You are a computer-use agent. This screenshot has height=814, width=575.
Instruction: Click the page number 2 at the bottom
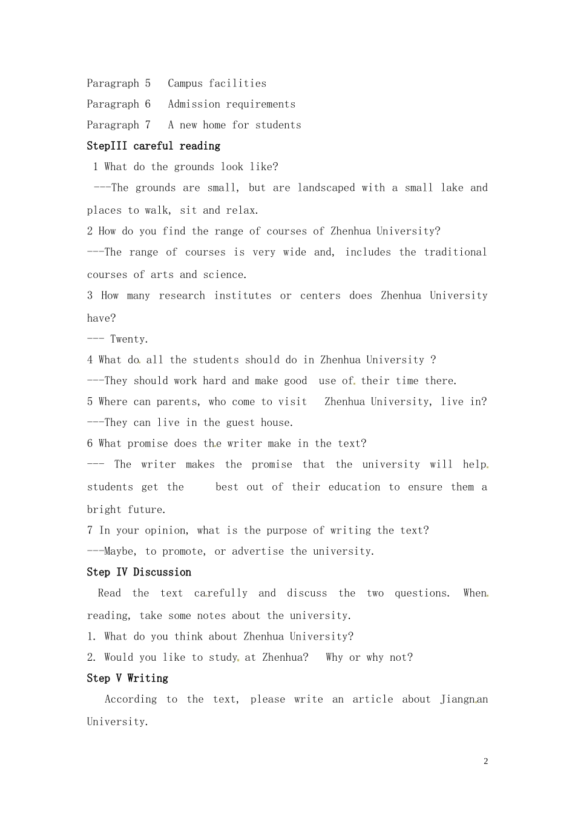pyautogui.click(x=485, y=761)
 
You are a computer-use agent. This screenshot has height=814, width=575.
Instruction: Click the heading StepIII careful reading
pyautogui.click(x=153, y=146)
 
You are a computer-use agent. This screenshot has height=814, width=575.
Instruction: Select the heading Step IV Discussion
pyautogui.click(x=139, y=572)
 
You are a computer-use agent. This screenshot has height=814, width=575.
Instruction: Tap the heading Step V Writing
pyautogui.click(x=127, y=678)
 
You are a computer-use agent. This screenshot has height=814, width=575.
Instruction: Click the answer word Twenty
pyautogui.click(x=128, y=339)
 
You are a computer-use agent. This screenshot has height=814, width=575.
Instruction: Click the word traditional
pyautogui.click(x=455, y=252)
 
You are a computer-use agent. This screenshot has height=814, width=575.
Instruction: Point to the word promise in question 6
pyautogui.click(x=148, y=443)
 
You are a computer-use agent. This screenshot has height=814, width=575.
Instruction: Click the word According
pyautogui.click(x=130, y=700)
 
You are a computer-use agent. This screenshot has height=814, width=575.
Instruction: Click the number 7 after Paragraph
pyautogui.click(x=148, y=125)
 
